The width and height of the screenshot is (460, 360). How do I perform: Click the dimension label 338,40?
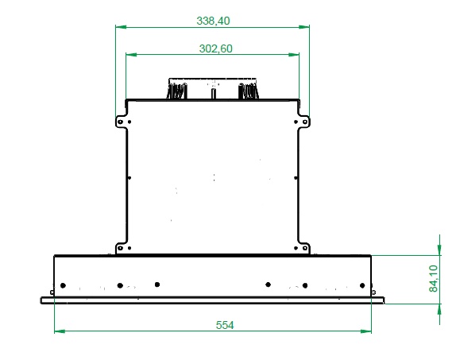(213, 21)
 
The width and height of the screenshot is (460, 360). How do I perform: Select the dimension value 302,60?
(215, 48)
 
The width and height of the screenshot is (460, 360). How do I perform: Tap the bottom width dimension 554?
(225, 325)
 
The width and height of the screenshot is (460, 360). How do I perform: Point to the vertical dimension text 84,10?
(433, 278)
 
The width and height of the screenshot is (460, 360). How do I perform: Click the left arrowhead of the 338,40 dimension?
(121, 27)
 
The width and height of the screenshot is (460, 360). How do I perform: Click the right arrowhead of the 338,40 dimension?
(304, 27)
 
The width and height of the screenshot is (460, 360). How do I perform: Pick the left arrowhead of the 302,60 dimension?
(131, 55)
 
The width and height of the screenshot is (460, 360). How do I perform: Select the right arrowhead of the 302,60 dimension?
(294, 55)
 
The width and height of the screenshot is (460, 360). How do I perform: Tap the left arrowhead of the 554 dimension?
(60, 331)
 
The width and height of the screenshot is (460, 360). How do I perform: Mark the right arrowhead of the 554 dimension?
(365, 331)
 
